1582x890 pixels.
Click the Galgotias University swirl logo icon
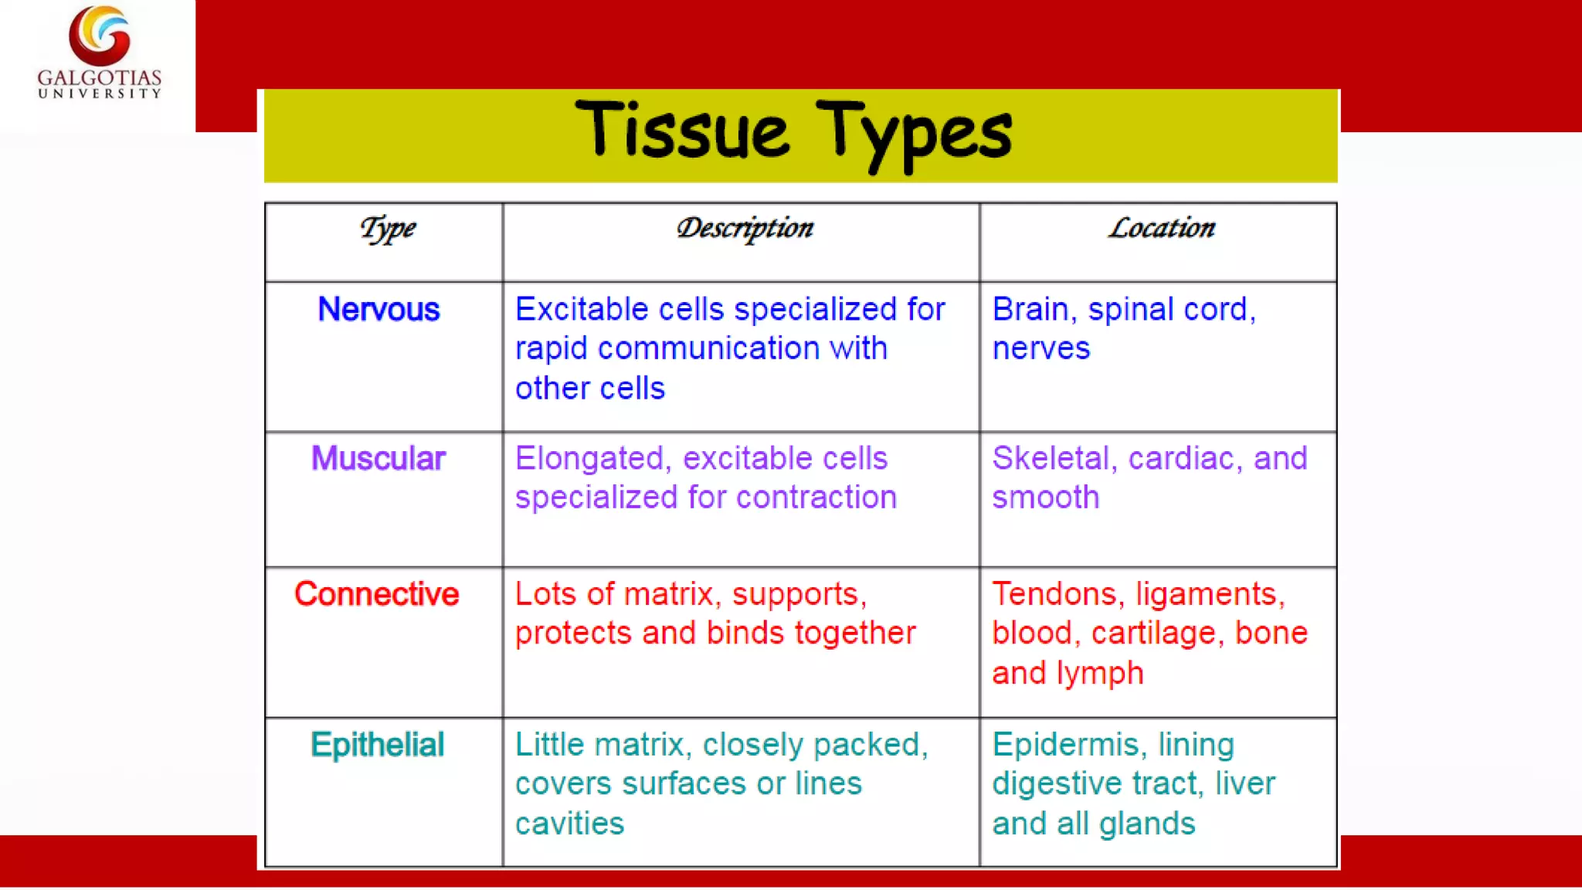(x=100, y=36)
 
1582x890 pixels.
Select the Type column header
(x=388, y=229)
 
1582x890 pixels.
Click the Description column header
(x=745, y=229)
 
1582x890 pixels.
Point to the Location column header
(x=1162, y=228)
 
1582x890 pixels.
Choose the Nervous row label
(x=379, y=310)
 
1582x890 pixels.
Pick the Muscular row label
(x=378, y=459)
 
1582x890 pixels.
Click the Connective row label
(x=377, y=594)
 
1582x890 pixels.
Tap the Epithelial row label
(x=377, y=745)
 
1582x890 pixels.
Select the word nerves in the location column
(x=1041, y=349)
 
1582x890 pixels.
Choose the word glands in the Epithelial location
(x=1146, y=824)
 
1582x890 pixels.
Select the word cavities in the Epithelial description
(x=569, y=824)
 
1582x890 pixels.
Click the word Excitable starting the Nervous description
(x=582, y=310)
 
